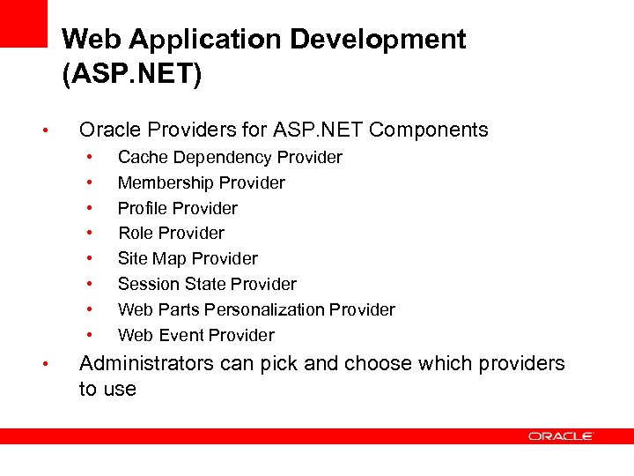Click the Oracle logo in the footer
coord(561,436)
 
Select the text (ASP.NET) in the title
coord(132,72)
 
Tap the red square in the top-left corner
coord(23,23)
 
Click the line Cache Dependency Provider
coord(230,158)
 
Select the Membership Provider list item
coord(201,183)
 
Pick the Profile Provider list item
coord(177,209)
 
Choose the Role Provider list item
coord(171,234)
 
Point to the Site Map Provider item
coord(188,259)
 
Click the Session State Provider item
coord(207,285)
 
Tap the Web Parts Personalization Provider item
coord(256,310)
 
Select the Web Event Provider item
coord(195,336)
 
